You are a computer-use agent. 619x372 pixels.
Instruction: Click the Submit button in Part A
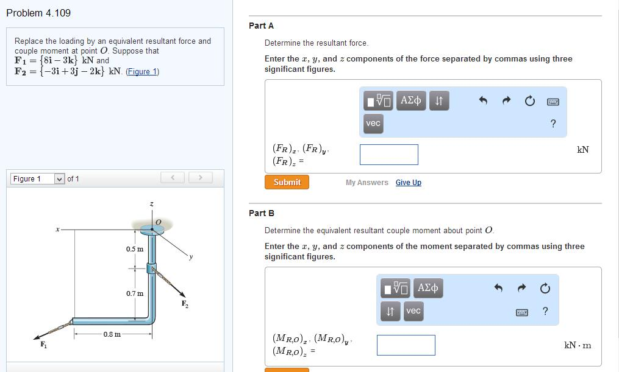(x=287, y=182)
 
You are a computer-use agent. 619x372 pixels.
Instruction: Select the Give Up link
(x=408, y=183)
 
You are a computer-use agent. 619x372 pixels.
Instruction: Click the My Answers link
(x=367, y=183)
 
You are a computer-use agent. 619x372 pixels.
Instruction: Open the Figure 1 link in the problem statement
(x=142, y=71)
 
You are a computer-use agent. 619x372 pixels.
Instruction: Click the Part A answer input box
(x=388, y=155)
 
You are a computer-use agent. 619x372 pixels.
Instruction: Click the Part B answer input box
(x=406, y=345)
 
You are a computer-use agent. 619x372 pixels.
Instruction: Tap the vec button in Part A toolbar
(x=373, y=124)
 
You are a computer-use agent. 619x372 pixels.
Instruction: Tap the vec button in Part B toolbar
(x=413, y=311)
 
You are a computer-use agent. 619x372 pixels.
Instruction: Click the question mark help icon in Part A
(x=553, y=124)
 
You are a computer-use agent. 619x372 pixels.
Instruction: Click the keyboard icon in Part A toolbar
(x=553, y=101)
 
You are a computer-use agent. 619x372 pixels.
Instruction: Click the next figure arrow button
(x=199, y=178)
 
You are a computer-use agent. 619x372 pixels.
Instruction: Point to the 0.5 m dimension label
(x=135, y=249)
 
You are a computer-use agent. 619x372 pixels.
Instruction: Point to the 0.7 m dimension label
(x=135, y=293)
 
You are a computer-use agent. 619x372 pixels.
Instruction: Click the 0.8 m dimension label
(x=112, y=334)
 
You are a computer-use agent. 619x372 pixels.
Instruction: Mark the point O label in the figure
(x=158, y=222)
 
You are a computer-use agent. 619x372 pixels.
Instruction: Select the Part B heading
(x=262, y=213)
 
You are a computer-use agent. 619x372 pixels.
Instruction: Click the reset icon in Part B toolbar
(x=545, y=288)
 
